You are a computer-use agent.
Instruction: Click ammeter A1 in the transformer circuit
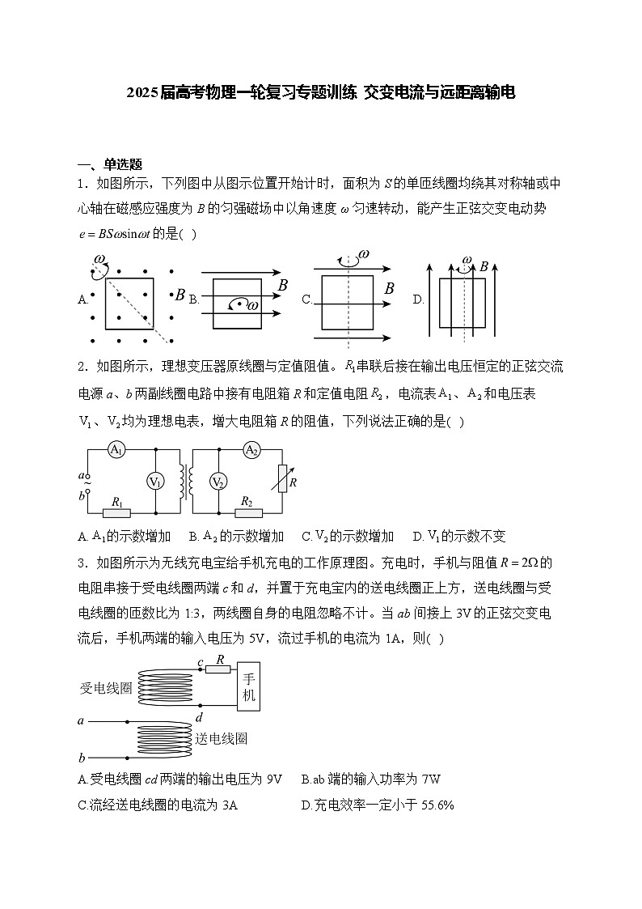pyautogui.click(x=116, y=450)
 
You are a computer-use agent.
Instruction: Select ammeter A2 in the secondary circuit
pyautogui.click(x=251, y=450)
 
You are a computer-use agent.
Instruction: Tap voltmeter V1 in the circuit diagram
pyautogui.click(x=155, y=482)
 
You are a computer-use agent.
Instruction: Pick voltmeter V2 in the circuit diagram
pyautogui.click(x=218, y=482)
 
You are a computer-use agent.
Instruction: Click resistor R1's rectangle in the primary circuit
pyautogui.click(x=117, y=512)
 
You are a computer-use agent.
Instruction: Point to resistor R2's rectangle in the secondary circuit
pyautogui.click(x=247, y=512)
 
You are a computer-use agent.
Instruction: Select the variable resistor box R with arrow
pyautogui.click(x=282, y=482)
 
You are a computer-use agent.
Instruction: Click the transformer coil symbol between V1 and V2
pyautogui.click(x=186, y=482)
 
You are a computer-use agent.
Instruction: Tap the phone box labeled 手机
pyautogui.click(x=248, y=687)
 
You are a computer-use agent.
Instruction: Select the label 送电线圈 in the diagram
pyautogui.click(x=221, y=738)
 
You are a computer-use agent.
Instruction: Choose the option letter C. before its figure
pyautogui.click(x=307, y=299)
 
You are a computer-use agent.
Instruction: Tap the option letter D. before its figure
pyautogui.click(x=419, y=299)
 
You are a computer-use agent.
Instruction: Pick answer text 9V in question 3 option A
pyautogui.click(x=274, y=779)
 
